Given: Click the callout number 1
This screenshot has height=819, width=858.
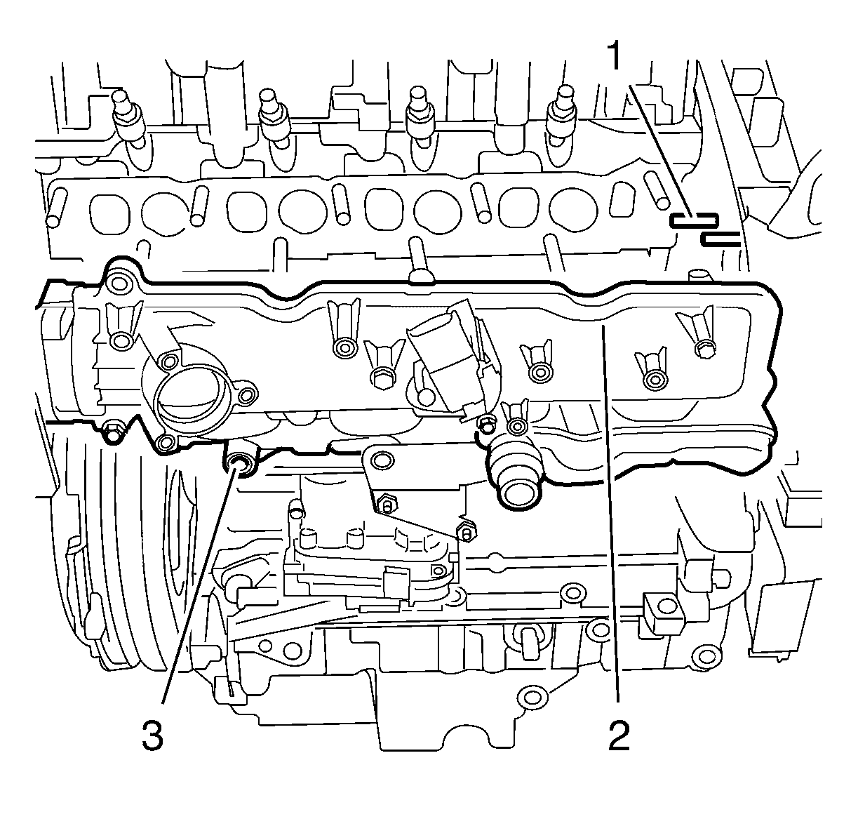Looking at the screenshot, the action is pyautogui.click(x=615, y=55).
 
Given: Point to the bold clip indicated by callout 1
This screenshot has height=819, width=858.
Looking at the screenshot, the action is pyautogui.click(x=693, y=220).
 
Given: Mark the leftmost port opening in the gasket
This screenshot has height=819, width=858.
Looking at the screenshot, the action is pyautogui.click(x=109, y=214).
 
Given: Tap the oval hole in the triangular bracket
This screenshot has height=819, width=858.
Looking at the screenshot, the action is pyautogui.click(x=382, y=460).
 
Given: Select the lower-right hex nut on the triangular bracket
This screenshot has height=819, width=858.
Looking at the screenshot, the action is pyautogui.click(x=466, y=532).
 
